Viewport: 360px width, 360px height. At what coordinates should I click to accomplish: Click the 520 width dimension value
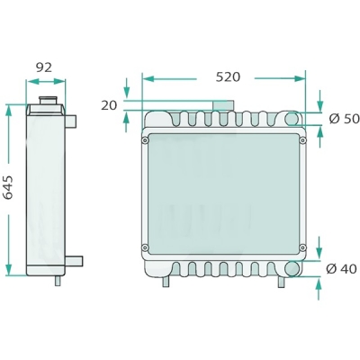tap(228, 77)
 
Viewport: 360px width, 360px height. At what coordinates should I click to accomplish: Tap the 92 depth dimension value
tap(44, 67)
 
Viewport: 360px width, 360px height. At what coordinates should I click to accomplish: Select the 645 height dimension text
tap(9, 187)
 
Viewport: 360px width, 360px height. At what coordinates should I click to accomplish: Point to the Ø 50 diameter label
tap(344, 119)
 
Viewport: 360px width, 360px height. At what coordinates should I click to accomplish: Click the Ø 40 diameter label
tap(341, 269)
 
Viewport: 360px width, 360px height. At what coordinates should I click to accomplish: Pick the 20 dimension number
tap(109, 105)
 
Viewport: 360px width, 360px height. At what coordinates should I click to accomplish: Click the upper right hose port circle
tap(292, 119)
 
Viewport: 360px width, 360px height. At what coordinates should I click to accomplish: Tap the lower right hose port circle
tap(292, 268)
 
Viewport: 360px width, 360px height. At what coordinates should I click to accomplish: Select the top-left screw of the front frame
tap(145, 140)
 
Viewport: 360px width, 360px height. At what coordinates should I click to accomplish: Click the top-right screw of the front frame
tap(302, 140)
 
